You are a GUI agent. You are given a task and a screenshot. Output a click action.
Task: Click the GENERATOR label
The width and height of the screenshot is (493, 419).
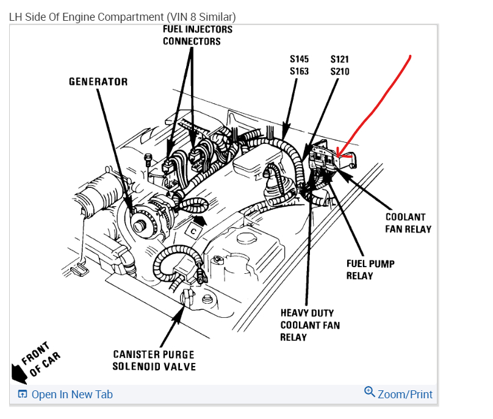pos(98,82)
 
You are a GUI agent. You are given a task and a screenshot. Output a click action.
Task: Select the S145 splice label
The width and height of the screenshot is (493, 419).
pos(299,59)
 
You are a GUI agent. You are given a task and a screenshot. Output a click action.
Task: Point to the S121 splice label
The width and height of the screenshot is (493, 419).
pos(340,59)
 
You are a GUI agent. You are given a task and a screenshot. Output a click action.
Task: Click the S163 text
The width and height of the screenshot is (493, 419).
pos(299,71)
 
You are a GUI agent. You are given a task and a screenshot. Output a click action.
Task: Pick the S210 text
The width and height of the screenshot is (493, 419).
pos(340,71)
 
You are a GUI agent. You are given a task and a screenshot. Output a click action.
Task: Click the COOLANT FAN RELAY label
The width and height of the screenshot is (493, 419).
pos(408,223)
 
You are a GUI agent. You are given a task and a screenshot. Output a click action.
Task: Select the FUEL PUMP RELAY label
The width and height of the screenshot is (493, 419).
pos(370,270)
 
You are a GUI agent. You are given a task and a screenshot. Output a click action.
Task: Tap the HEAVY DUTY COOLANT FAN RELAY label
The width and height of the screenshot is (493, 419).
pos(310,325)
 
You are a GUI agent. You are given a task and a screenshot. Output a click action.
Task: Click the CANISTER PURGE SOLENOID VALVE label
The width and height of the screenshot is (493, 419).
pos(154,360)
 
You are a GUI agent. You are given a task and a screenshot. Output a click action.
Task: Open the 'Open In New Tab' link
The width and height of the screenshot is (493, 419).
pos(71,395)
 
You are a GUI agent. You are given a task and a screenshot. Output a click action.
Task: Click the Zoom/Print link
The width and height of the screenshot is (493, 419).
pos(405,395)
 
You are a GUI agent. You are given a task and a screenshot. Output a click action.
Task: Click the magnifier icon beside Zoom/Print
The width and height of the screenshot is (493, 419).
pos(369,392)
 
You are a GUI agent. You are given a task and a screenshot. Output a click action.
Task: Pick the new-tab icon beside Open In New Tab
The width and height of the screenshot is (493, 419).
pos(23,395)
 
